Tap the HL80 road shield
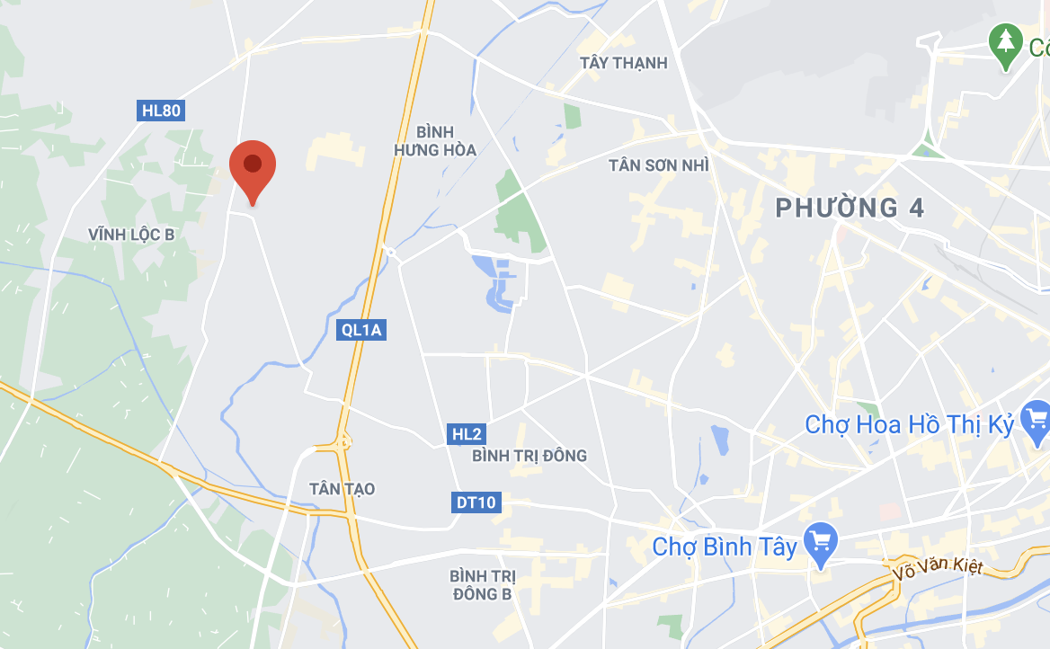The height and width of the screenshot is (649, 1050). tap(162, 111)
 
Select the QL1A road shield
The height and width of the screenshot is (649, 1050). tap(362, 330)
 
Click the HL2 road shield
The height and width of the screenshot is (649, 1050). tap(467, 435)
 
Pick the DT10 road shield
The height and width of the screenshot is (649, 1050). tap(476, 502)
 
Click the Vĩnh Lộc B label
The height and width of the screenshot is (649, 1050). tap(131, 235)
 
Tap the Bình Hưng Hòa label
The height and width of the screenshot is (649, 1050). tap(434, 141)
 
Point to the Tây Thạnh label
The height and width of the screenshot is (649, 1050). tap(624, 63)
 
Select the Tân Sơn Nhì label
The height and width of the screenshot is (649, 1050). tap(658, 165)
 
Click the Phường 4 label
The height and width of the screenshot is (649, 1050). tap(850, 209)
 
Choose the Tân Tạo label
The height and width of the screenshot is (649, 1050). tap(342, 489)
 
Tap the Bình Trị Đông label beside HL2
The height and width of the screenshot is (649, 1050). tap(529, 456)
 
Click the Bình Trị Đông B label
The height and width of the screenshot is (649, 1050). tap(481, 584)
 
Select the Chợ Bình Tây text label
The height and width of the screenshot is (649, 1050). tap(725, 547)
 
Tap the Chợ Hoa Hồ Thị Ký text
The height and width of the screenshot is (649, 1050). tap(909, 424)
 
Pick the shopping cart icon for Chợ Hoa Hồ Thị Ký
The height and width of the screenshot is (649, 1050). tap(1037, 418)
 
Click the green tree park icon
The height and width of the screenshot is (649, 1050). tap(1005, 43)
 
